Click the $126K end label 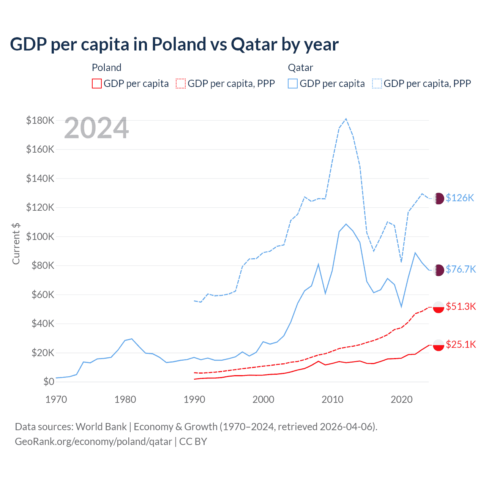[460, 198]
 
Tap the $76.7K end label [461, 269]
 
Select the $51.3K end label [461, 306]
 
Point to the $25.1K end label [461, 344]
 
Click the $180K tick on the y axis [40, 120]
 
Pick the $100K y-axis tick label [40, 237]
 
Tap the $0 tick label [49, 382]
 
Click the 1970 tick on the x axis [56, 399]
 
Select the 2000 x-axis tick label [264, 399]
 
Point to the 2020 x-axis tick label [402, 399]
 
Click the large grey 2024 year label [96, 128]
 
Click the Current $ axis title [16, 243]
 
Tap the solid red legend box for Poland [97, 84]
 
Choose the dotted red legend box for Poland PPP [181, 84]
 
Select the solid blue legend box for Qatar [293, 84]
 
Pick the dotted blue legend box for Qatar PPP [377, 84]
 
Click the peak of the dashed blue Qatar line [346, 119]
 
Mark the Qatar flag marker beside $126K [439, 198]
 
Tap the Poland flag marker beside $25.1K [439, 345]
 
